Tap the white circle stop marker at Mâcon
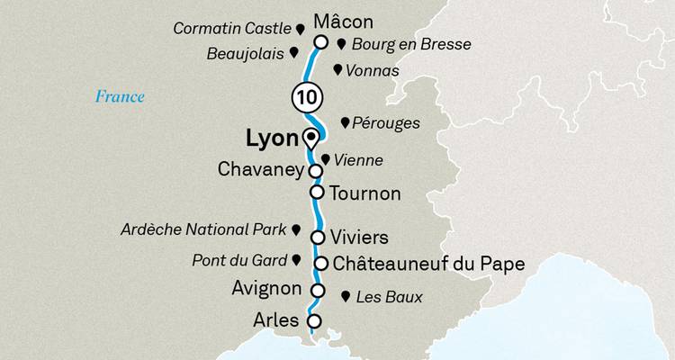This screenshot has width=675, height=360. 320,41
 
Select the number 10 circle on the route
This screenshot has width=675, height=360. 305,96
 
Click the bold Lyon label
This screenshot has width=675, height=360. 271,140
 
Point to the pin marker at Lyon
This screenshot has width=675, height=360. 311,139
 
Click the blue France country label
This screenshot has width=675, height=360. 121,96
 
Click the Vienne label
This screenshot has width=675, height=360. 358,161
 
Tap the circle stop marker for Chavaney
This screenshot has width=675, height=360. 316,170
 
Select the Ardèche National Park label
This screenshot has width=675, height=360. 202,230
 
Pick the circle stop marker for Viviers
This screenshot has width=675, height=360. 317,237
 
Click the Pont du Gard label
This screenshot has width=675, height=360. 238,261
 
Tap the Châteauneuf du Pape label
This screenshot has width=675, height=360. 427,264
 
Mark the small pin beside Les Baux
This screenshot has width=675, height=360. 346,295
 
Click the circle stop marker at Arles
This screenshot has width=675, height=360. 314,320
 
